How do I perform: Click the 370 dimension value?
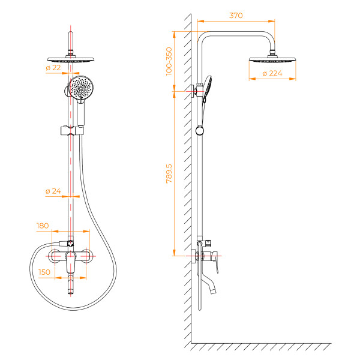coord(236,16)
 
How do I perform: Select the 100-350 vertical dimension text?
coord(169,61)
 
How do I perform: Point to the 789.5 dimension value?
coord(169,174)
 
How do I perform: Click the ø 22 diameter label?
coord(53,68)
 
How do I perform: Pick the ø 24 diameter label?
coord(53,191)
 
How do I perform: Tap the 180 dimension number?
coord(43,226)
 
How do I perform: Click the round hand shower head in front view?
coord(79,88)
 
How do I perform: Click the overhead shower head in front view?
coord(71,60)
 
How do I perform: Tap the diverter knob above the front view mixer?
coord(70,243)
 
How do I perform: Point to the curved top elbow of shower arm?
coord(204,35)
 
